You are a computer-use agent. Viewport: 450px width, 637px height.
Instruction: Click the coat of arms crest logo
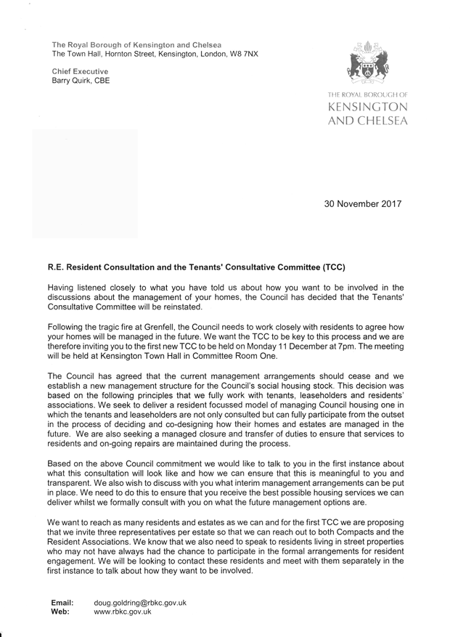369,65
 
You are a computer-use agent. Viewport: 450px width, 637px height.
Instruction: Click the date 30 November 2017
362,204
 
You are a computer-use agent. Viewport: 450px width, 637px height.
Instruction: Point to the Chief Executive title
80,71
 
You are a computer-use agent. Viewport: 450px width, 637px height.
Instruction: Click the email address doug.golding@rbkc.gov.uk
141,602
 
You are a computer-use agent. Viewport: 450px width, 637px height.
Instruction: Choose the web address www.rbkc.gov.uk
123,612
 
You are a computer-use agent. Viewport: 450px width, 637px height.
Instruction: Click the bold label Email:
62,602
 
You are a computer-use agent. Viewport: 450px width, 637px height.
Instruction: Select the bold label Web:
60,612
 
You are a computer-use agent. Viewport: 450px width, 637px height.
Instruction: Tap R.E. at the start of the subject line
57,267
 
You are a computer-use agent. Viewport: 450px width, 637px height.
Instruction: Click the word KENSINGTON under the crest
368,107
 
